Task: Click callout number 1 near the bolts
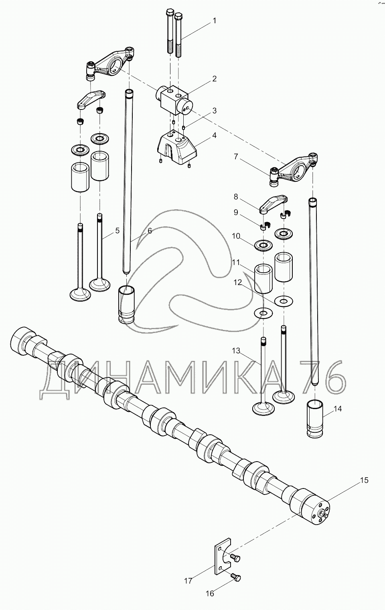214,21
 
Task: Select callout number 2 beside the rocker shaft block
214,79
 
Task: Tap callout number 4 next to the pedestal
214,135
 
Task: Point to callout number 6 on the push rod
150,231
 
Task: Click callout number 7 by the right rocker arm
236,157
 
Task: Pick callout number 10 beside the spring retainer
236,236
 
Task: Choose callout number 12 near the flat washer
238,283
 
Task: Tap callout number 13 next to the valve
236,351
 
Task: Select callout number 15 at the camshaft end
364,480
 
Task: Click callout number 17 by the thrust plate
188,580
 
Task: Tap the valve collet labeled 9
264,226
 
